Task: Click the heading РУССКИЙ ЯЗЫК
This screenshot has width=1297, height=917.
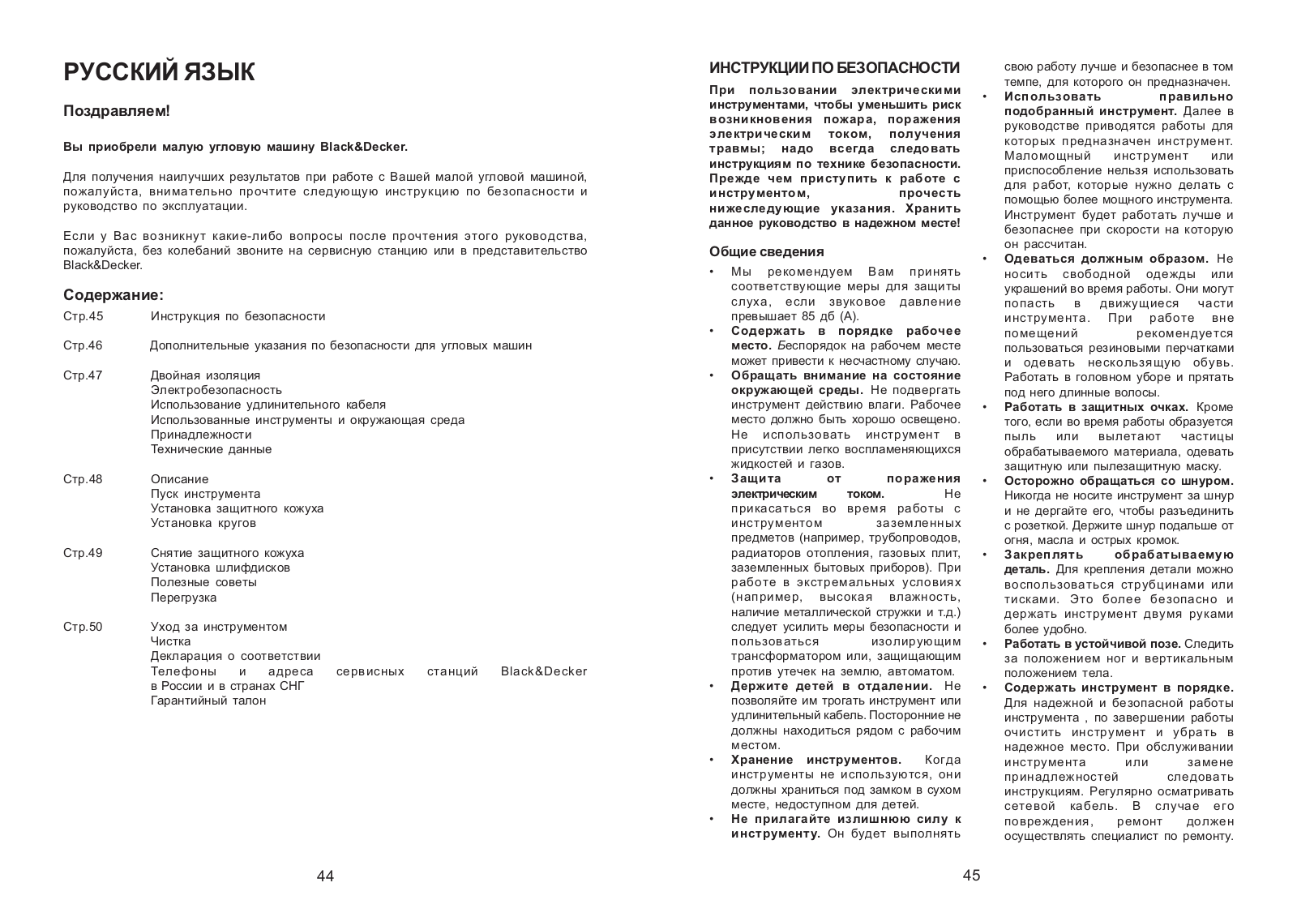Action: coord(159,72)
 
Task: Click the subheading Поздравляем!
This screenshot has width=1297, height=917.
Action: coord(117,111)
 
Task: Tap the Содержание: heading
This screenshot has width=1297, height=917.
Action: coord(113,295)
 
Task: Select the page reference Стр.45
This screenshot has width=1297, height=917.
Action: coord(83,316)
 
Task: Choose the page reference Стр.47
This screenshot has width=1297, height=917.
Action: coord(83,375)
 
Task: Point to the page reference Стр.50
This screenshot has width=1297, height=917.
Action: coord(83,627)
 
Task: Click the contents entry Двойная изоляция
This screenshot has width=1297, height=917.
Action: coord(206,375)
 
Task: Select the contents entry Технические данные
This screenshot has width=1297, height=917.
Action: coord(212,449)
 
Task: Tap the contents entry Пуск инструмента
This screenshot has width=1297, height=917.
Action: coord(206,494)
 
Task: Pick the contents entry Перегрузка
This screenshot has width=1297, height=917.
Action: coord(184,598)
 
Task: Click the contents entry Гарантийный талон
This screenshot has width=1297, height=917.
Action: coord(208,701)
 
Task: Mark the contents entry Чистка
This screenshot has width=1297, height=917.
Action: coord(171,641)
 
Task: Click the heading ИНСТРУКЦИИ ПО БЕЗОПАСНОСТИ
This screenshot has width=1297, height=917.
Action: coord(835,67)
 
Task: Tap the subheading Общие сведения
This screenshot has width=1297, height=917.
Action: coord(767,251)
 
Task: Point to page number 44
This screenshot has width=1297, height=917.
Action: coord(325,876)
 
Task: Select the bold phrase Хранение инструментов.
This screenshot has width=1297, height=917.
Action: coord(816,760)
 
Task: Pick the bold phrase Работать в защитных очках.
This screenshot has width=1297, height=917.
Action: coord(1096,407)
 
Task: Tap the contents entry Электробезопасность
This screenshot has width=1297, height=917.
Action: coord(216,390)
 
